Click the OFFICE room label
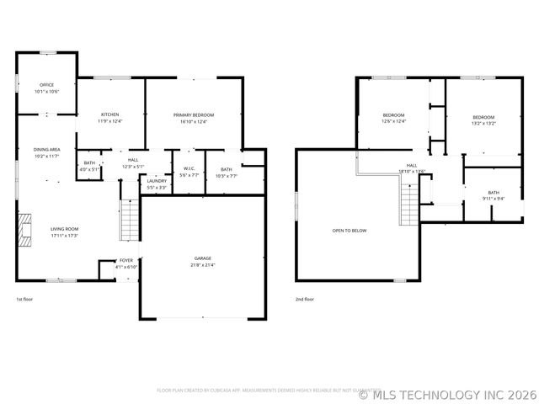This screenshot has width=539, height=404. point(46,85)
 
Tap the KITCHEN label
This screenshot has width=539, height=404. point(110,115)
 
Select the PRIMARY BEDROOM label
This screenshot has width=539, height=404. point(194,115)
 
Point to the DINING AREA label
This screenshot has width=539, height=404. point(46,150)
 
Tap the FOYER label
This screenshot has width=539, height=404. point(125,261)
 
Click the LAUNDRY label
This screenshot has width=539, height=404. point(156,181)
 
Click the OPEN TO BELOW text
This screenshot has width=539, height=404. point(349,230)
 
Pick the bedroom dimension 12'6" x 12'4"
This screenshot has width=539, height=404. point(394,121)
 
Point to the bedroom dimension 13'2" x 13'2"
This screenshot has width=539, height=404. point(483,123)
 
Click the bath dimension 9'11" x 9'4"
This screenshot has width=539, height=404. point(493,199)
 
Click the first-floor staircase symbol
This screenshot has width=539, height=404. point(129,221)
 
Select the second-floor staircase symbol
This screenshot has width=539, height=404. point(408,205)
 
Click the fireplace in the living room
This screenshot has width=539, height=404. point(24,229)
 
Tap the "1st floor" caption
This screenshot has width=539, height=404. point(25,299)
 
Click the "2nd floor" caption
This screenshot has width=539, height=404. point(305,299)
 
